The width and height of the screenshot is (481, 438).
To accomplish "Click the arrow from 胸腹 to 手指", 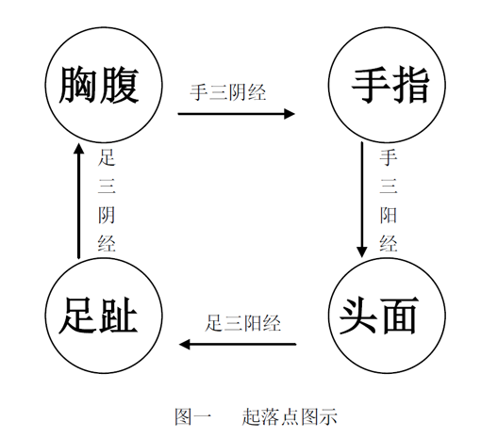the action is point(237,114).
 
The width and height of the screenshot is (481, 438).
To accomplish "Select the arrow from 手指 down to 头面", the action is point(362,200).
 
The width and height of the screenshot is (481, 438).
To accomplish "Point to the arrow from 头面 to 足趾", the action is point(238,344).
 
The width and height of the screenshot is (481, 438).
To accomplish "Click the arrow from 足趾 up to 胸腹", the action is point(78,202).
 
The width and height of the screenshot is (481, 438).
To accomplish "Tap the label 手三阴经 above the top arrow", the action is point(228,92).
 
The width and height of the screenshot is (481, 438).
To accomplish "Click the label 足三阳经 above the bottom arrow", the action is point(242,323).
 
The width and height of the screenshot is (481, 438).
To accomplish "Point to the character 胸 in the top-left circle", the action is point(78,86).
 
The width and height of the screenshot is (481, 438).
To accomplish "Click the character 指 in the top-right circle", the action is point(409,86).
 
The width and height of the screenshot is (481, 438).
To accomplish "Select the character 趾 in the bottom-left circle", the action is point(118,316).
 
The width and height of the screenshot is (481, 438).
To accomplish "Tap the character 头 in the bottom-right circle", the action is point(358,316).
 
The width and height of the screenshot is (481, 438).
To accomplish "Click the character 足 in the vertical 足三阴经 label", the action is point(107,157).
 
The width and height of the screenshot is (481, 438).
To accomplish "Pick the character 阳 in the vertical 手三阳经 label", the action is point(389,215).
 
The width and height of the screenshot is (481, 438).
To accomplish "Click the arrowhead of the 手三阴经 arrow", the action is point(290,114).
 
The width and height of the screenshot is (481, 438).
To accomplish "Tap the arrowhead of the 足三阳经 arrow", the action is point(185,344).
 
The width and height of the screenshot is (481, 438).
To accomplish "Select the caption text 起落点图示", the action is point(290,417).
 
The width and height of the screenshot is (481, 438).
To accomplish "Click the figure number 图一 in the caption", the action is point(193,417).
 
